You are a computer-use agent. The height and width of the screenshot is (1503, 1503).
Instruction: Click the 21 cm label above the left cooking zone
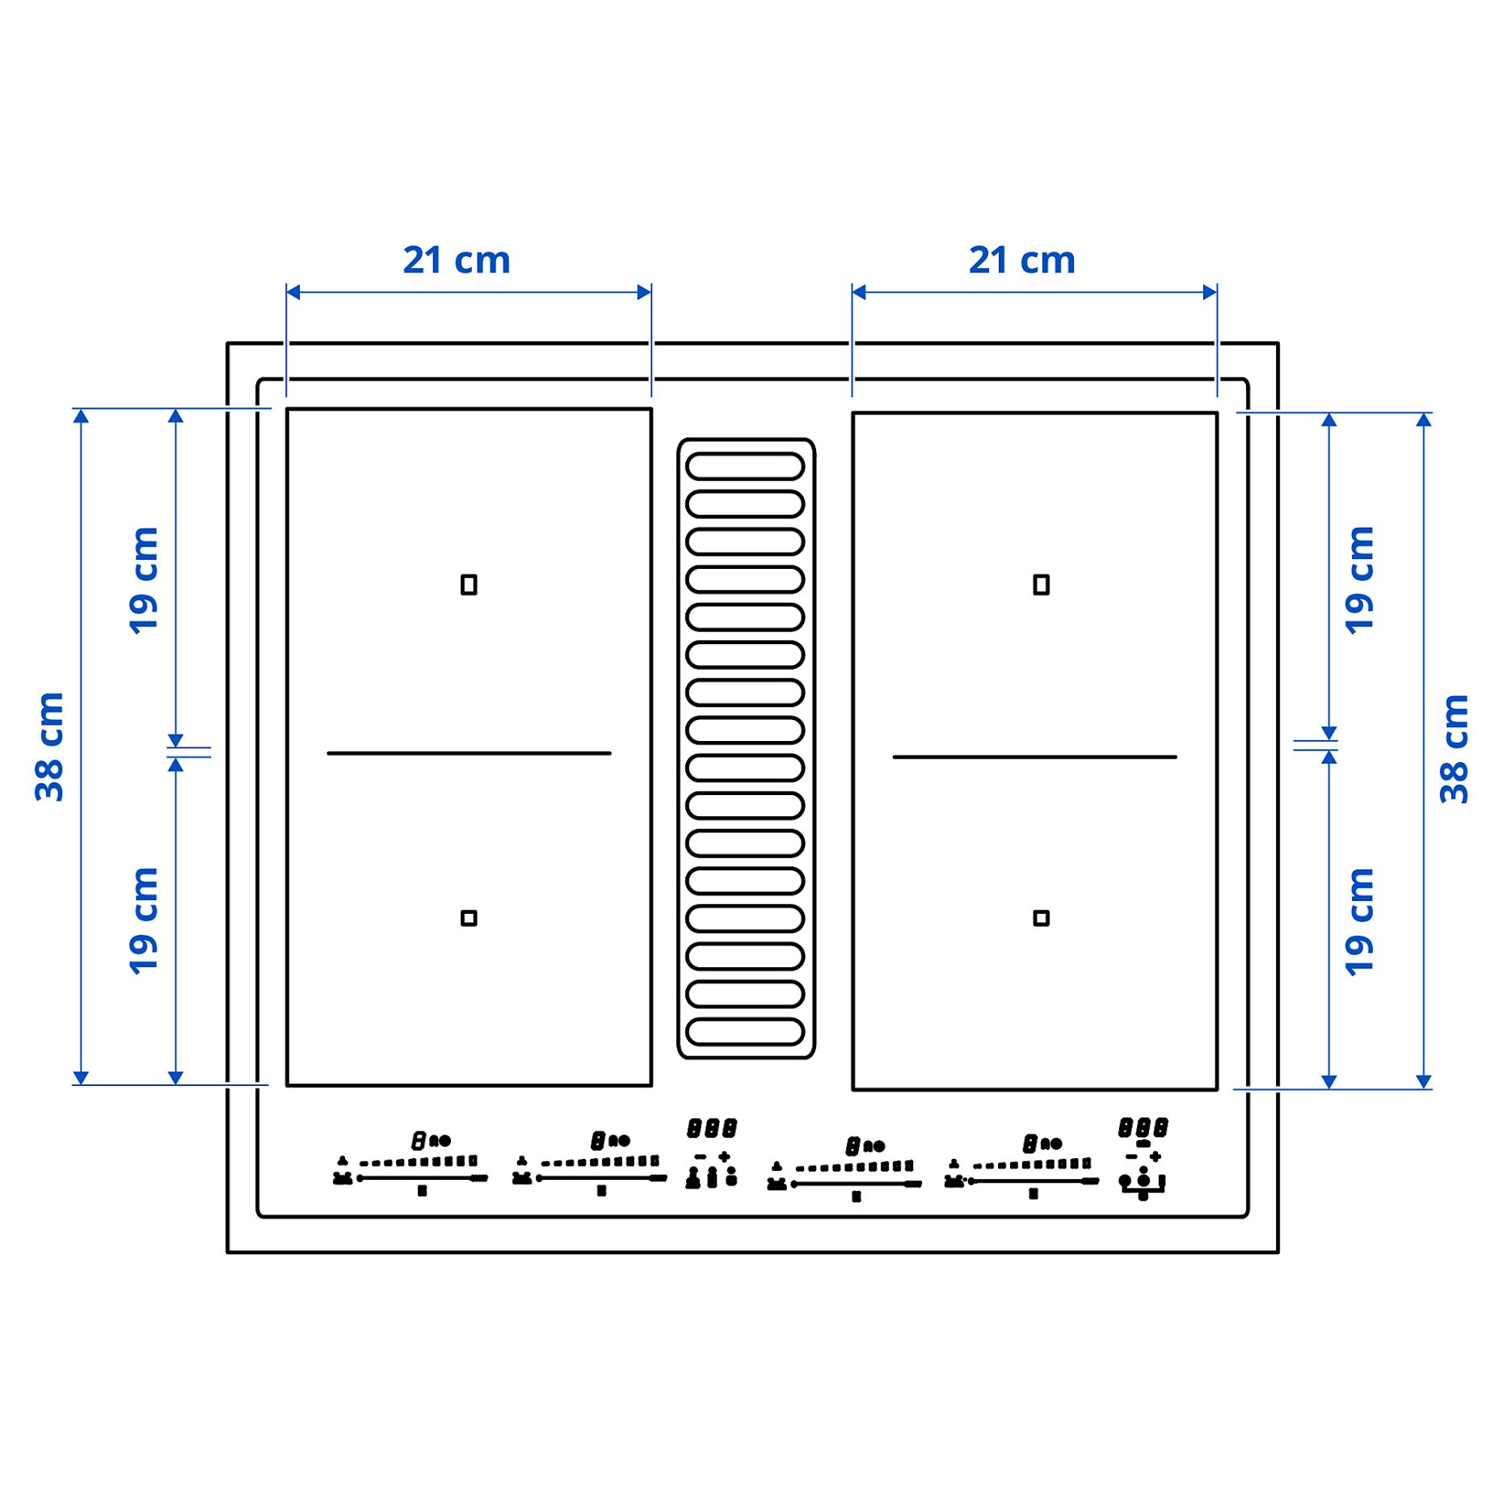pyautogui.click(x=457, y=260)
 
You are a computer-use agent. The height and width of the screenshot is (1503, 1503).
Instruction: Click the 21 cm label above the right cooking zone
pyautogui.click(x=1021, y=260)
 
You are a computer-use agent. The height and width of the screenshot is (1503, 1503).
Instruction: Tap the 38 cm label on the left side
pyautogui.click(x=49, y=747)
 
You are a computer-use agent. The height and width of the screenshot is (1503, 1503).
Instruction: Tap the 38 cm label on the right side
pyautogui.click(x=1454, y=748)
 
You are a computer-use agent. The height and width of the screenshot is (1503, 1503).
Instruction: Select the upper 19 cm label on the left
pyautogui.click(x=144, y=580)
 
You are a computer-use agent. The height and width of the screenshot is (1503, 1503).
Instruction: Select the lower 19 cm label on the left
pyautogui.click(x=144, y=920)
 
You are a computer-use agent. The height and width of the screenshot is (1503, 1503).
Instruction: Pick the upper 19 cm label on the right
pyautogui.click(x=1359, y=580)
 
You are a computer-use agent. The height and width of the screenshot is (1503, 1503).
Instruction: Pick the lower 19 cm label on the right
pyautogui.click(x=1359, y=922)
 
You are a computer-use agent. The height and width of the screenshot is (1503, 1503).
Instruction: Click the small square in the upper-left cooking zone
pyautogui.click(x=469, y=584)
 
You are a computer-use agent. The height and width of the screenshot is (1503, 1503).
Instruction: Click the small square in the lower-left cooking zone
pyautogui.click(x=469, y=918)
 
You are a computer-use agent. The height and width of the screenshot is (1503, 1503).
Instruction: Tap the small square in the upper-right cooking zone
pyautogui.click(x=1041, y=584)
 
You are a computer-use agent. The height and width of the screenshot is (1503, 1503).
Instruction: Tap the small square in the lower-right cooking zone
pyautogui.click(x=1041, y=918)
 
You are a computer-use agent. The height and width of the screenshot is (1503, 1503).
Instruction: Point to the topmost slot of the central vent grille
pyautogui.click(x=744, y=466)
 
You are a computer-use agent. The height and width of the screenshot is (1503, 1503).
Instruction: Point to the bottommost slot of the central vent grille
pyautogui.click(x=744, y=1032)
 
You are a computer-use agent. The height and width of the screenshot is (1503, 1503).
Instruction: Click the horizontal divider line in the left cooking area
pyautogui.click(x=469, y=753)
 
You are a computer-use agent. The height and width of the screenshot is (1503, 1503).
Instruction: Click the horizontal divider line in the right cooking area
pyautogui.click(x=1034, y=757)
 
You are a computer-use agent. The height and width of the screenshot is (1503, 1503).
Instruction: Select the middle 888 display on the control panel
pyautogui.click(x=712, y=1127)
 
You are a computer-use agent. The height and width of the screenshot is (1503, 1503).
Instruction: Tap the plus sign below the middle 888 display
pyautogui.click(x=724, y=1156)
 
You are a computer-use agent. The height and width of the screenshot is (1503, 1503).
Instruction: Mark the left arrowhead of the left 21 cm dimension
pyautogui.click(x=293, y=292)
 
